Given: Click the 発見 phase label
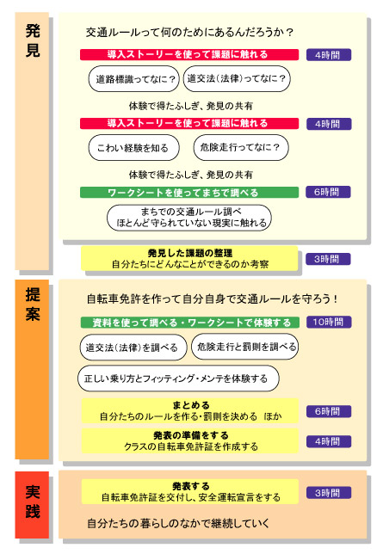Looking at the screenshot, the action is point(32,140).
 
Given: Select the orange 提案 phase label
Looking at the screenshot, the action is point(32,369).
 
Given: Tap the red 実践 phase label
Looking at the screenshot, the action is point(32,504).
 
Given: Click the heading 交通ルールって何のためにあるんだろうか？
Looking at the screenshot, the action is point(189,33).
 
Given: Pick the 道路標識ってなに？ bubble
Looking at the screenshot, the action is point(134,79).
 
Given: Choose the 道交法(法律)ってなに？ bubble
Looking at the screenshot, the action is point(237,78).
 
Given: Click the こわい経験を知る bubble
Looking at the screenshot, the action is point(133,148).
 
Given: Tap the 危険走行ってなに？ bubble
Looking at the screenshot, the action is point(241,147).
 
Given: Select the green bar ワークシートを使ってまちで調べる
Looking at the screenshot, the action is point(189,193).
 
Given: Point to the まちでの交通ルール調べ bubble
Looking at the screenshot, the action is point(189,218).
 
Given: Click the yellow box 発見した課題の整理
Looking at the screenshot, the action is point(189,259).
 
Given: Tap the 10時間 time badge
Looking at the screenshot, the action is point(329,322).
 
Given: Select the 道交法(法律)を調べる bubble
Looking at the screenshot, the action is point(133,348).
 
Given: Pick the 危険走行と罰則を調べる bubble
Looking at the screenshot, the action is point(244,347).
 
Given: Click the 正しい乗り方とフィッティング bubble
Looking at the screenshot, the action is point(178,379).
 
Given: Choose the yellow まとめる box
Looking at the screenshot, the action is point(190,410).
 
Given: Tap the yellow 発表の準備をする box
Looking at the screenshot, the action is point(190,441).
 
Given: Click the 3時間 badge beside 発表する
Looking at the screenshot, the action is point(329,493).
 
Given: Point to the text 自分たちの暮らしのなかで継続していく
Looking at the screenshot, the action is point(178,523).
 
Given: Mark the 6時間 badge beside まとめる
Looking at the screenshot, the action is point(329,411).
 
